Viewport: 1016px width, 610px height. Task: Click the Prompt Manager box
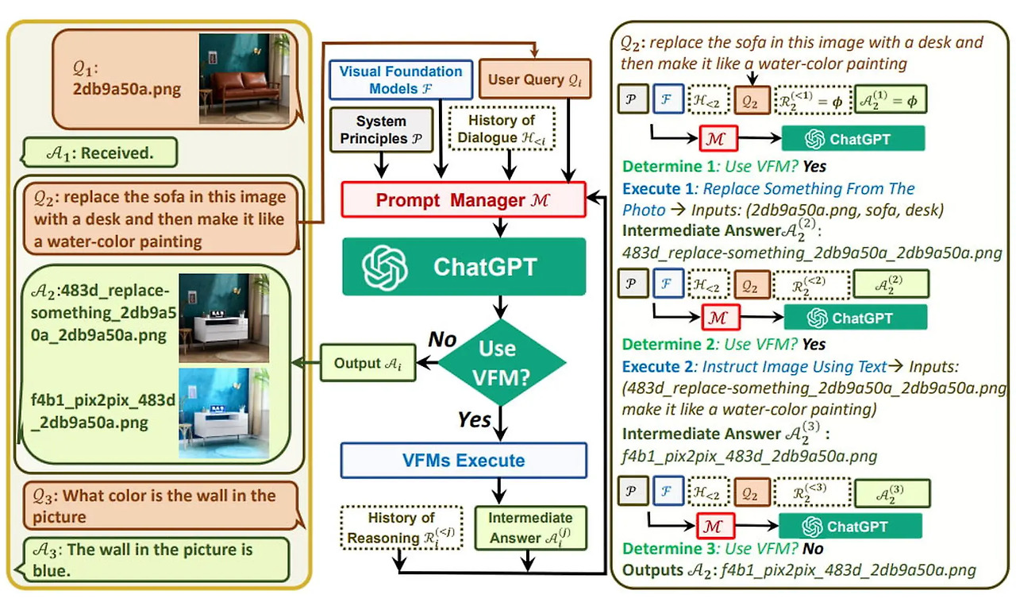tap(464, 200)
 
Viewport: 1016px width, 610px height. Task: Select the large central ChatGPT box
tap(464, 266)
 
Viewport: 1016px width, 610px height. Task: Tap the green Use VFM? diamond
tap(502, 362)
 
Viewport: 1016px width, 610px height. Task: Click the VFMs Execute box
tap(464, 461)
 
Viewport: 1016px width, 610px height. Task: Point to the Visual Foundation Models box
tap(400, 80)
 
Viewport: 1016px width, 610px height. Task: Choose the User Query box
tap(535, 79)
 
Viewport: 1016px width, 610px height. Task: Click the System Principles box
tap(380, 130)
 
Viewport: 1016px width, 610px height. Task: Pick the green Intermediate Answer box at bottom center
tap(530, 528)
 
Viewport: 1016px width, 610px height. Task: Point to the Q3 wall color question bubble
tap(159, 506)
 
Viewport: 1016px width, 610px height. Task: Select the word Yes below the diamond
tap(475, 418)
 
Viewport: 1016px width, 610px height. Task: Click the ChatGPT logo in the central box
tap(385, 267)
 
